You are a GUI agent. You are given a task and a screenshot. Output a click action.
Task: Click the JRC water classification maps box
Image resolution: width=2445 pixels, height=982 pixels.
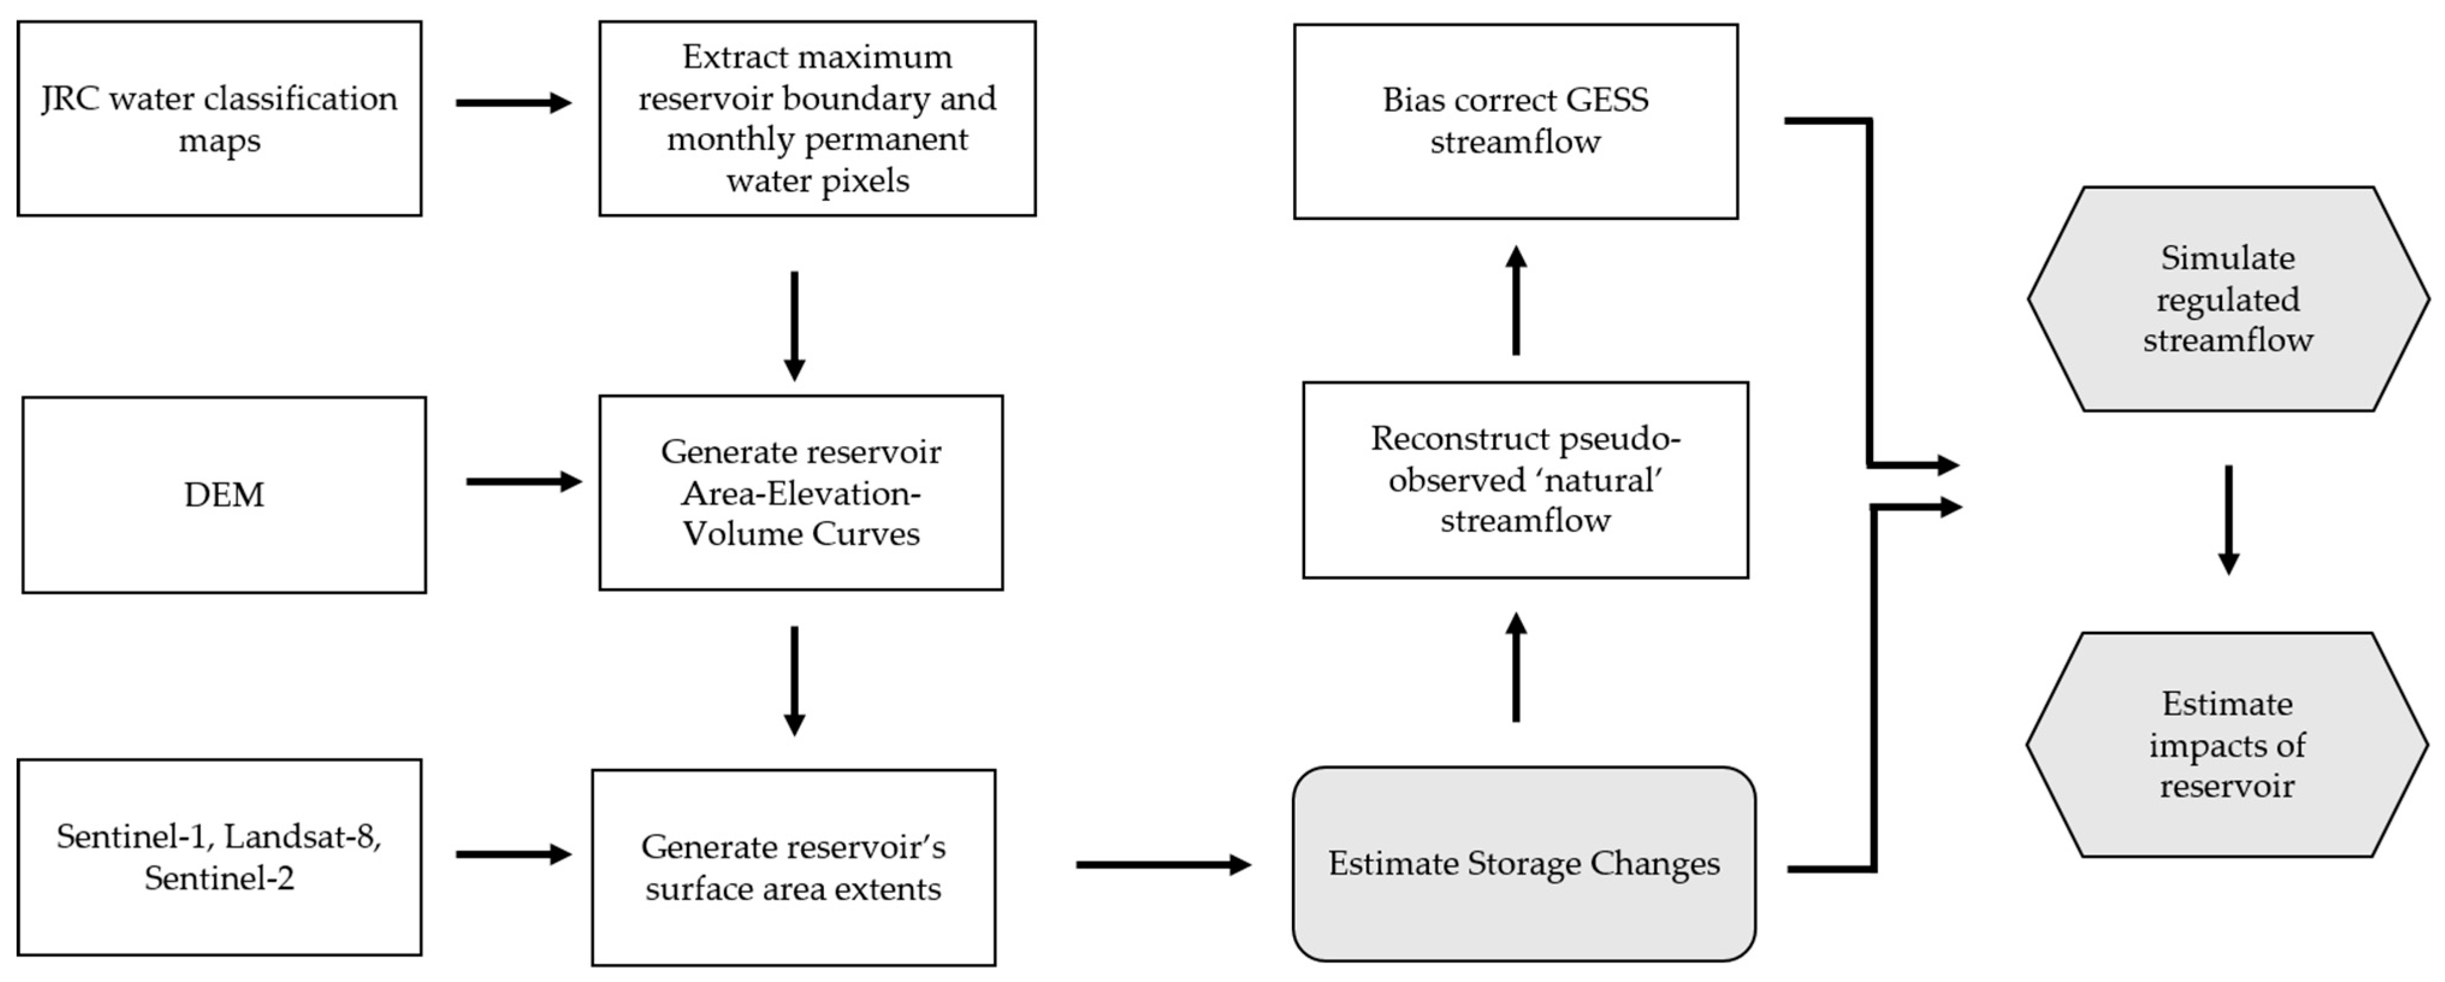pyautogui.click(x=220, y=118)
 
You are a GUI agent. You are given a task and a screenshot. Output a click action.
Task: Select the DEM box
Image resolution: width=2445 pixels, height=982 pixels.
pyautogui.click(x=224, y=495)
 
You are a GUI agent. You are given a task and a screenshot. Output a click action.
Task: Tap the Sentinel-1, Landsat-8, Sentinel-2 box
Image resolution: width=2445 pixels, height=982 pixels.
pyautogui.click(x=220, y=857)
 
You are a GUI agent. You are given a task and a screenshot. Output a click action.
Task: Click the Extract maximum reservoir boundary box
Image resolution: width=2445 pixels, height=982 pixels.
pyautogui.click(x=817, y=118)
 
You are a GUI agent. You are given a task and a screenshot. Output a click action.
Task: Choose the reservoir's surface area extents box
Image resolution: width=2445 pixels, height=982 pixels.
pyautogui.click(x=793, y=867)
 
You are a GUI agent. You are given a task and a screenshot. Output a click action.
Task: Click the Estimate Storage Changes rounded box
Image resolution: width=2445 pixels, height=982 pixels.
pyautogui.click(x=1524, y=864)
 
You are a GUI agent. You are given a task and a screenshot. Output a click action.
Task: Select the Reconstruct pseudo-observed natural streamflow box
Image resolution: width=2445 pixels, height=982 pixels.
pyautogui.click(x=1525, y=480)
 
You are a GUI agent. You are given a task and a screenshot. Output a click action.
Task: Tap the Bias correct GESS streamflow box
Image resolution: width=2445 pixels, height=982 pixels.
pyautogui.click(x=1516, y=121)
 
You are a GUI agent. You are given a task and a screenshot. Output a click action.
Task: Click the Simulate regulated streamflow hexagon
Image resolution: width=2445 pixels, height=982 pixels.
pyautogui.click(x=2228, y=299)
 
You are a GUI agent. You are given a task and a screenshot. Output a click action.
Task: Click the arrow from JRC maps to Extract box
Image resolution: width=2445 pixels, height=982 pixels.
pyautogui.click(x=512, y=103)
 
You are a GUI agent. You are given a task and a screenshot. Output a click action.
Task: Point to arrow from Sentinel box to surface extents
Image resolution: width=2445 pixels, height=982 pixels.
pyautogui.click(x=512, y=854)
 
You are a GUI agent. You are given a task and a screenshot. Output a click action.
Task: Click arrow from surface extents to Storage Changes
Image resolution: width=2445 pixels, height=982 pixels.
pyautogui.click(x=1163, y=864)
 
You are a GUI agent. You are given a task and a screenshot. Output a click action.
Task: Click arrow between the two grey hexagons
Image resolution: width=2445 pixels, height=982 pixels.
pyautogui.click(x=2228, y=519)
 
